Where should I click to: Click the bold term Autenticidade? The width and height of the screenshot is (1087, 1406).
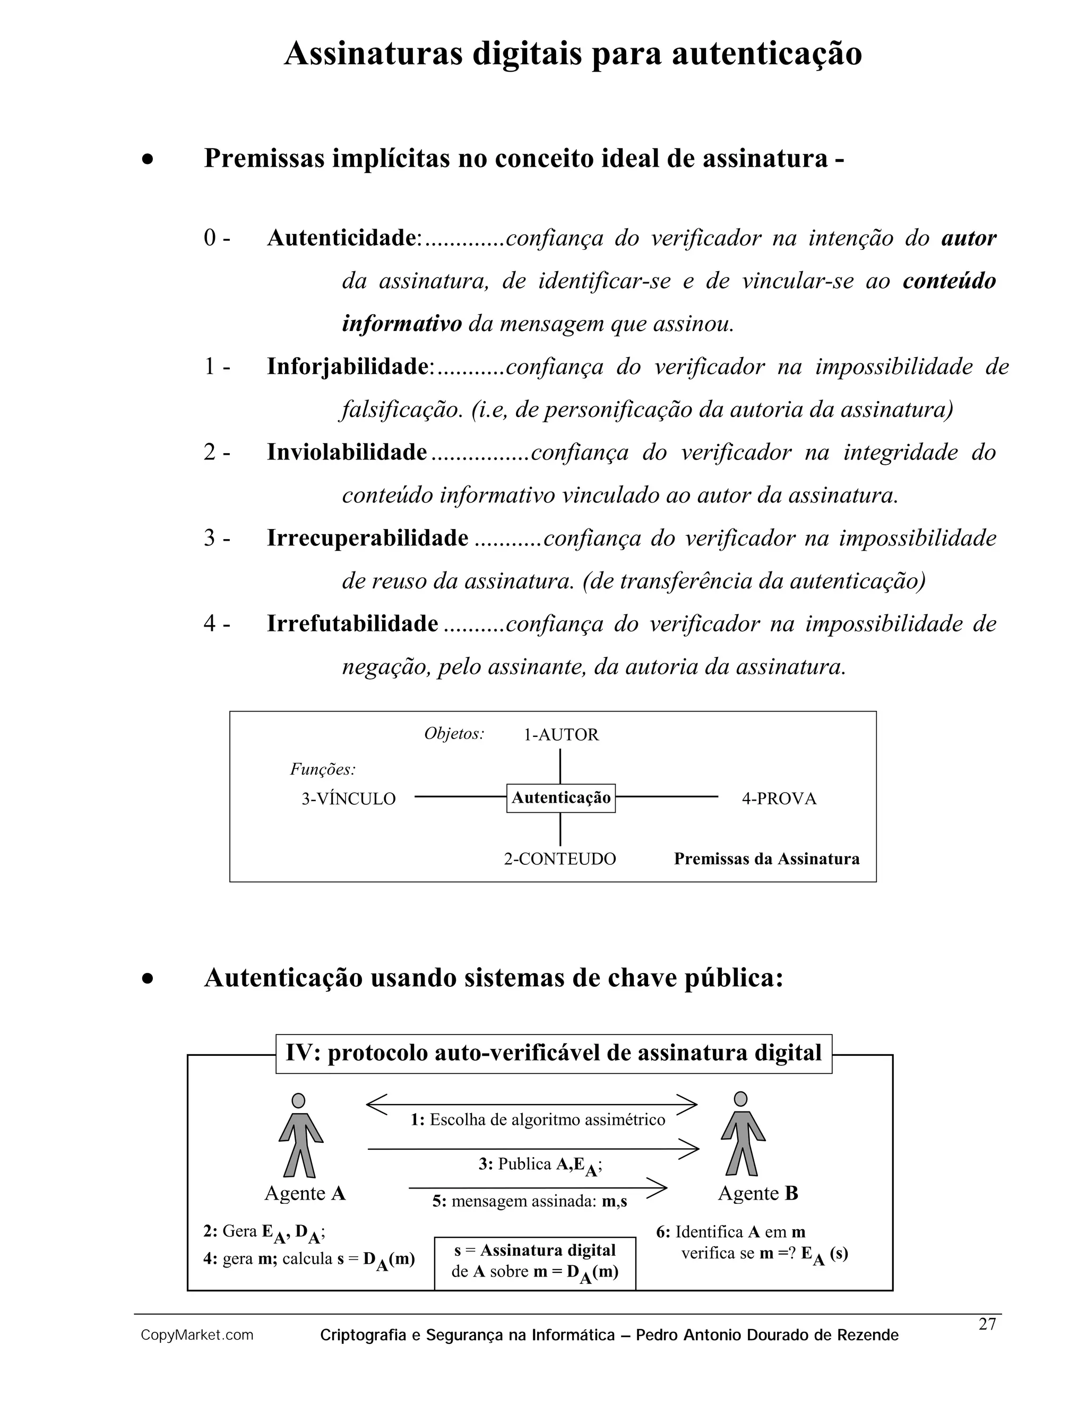(x=341, y=238)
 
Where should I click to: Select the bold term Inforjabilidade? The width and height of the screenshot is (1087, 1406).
(x=348, y=367)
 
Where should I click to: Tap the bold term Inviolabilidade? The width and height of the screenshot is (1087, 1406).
(x=347, y=453)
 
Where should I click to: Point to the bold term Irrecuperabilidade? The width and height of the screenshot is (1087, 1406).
(x=368, y=538)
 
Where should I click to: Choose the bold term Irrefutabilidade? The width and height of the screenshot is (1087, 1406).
(x=352, y=624)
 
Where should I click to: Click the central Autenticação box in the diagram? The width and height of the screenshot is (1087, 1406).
(x=561, y=799)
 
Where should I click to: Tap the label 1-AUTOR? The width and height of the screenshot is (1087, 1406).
(x=561, y=734)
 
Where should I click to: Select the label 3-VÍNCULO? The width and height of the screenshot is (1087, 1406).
(x=348, y=799)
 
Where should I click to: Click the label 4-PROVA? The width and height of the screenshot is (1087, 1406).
(x=779, y=799)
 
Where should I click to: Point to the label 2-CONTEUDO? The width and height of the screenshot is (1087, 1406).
(x=559, y=859)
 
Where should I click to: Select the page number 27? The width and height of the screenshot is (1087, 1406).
(x=987, y=1324)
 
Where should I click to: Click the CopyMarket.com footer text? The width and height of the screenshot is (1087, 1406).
(x=197, y=1335)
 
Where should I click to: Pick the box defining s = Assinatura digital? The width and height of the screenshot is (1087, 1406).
(x=535, y=1263)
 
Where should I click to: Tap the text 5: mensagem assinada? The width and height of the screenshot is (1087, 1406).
(x=529, y=1201)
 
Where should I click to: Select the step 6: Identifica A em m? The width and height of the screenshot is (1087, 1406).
(x=730, y=1231)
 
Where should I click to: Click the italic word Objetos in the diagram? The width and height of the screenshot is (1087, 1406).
(x=454, y=734)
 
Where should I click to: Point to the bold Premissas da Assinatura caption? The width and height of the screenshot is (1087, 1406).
(x=766, y=859)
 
